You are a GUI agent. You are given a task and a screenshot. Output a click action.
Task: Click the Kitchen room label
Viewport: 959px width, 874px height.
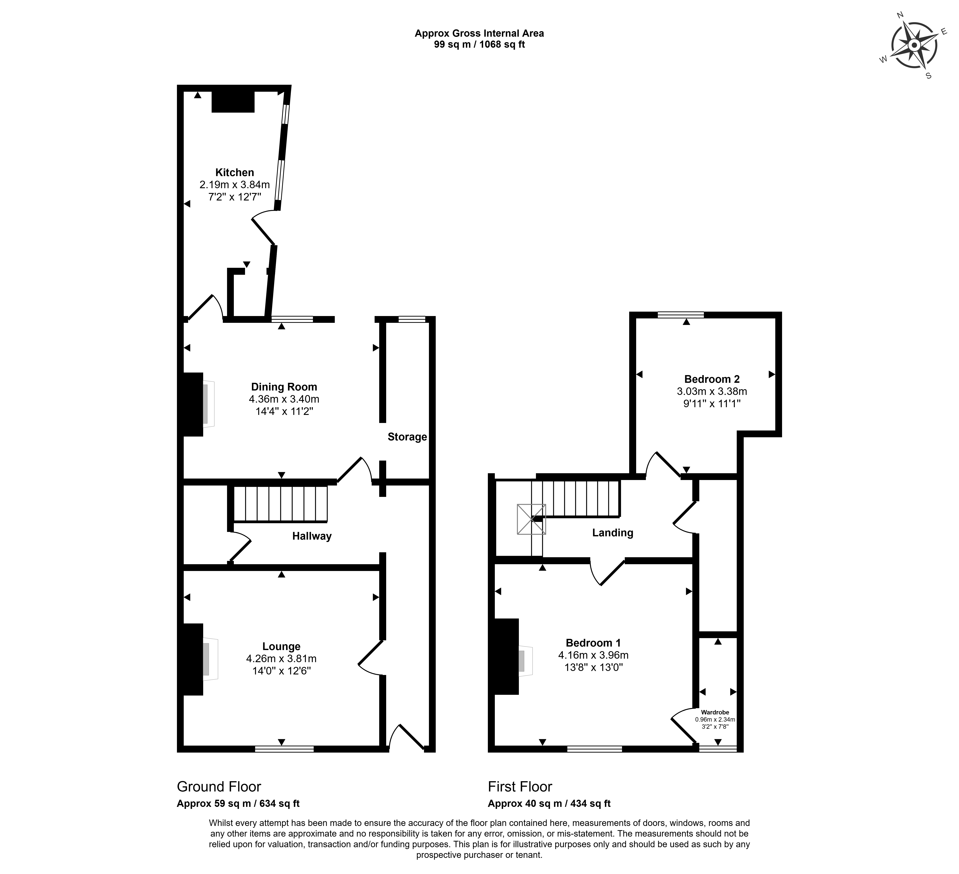point(235,173)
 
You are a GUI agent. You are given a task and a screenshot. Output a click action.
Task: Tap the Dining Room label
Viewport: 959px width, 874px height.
point(284,387)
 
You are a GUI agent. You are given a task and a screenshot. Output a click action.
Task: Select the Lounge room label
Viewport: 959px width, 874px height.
point(281,646)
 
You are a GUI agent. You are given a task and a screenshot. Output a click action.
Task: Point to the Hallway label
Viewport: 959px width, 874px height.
point(312,536)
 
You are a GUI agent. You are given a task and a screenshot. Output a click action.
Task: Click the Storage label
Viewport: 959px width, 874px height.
point(407,437)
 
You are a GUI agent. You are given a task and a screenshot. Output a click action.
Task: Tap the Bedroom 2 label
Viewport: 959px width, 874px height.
point(712,379)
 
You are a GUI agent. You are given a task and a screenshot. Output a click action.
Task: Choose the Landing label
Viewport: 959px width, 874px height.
point(613,533)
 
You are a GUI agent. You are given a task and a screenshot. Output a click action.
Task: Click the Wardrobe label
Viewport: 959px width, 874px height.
point(715,712)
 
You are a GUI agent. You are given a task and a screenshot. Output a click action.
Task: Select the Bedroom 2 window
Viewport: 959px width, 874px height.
point(681,315)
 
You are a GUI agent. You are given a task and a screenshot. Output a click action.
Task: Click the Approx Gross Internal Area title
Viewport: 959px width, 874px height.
point(479,33)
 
